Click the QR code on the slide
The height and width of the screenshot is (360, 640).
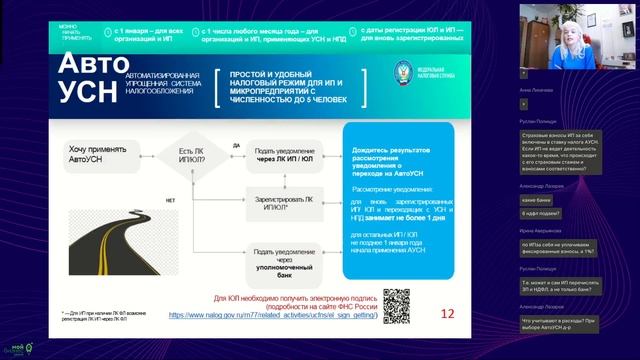398,304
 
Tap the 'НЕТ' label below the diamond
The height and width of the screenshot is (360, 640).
171,199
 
